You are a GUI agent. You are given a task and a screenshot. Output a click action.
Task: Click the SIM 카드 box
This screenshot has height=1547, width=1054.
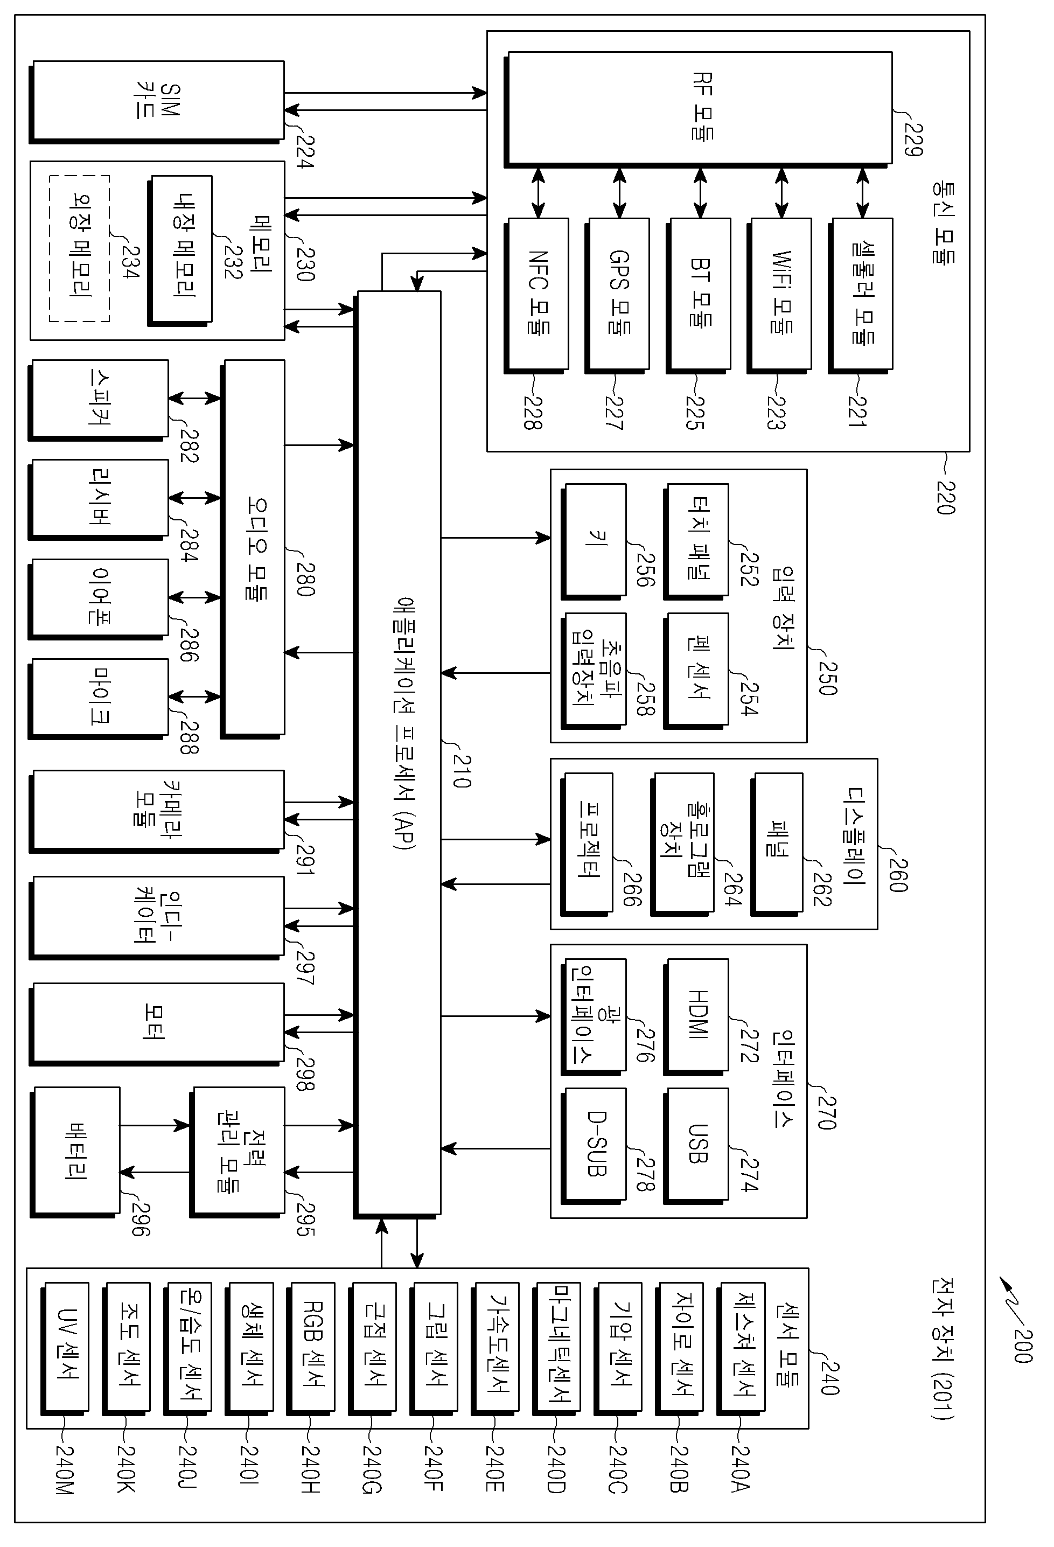(x=157, y=102)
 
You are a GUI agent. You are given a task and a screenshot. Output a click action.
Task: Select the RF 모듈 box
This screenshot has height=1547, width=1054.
(x=698, y=109)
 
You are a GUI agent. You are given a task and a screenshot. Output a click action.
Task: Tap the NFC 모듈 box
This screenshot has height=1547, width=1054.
(x=536, y=296)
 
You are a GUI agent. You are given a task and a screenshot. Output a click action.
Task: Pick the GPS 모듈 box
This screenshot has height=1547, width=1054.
(x=618, y=296)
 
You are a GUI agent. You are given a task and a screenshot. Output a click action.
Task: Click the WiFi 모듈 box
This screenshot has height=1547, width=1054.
(x=779, y=296)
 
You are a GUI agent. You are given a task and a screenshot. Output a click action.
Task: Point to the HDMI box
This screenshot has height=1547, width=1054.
(x=696, y=1016)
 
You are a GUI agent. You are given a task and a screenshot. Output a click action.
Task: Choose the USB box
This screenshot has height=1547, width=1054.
(x=696, y=1146)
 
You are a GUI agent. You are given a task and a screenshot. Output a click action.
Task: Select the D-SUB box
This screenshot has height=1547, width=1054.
(x=594, y=1146)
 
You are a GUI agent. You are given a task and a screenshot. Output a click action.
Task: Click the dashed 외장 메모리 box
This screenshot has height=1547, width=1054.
(x=79, y=249)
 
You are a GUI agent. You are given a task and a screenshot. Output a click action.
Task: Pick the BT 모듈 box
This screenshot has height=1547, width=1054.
(x=699, y=296)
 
